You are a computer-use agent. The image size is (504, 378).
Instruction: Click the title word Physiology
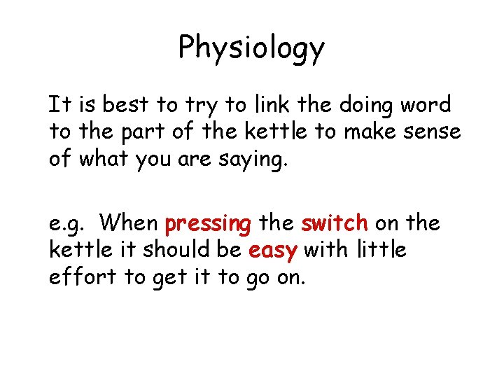click(x=251, y=48)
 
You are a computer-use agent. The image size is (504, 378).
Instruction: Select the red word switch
click(x=334, y=224)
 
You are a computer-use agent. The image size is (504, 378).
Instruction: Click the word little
click(x=383, y=250)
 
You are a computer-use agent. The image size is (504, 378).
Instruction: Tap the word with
click(x=327, y=250)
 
